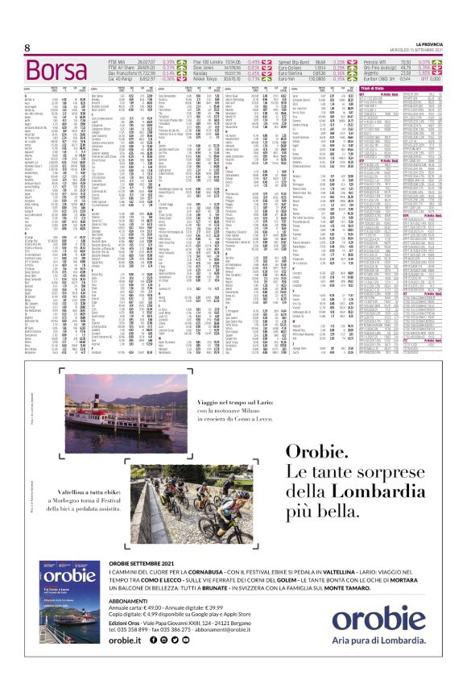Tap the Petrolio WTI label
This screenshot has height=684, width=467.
click(x=398, y=60)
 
